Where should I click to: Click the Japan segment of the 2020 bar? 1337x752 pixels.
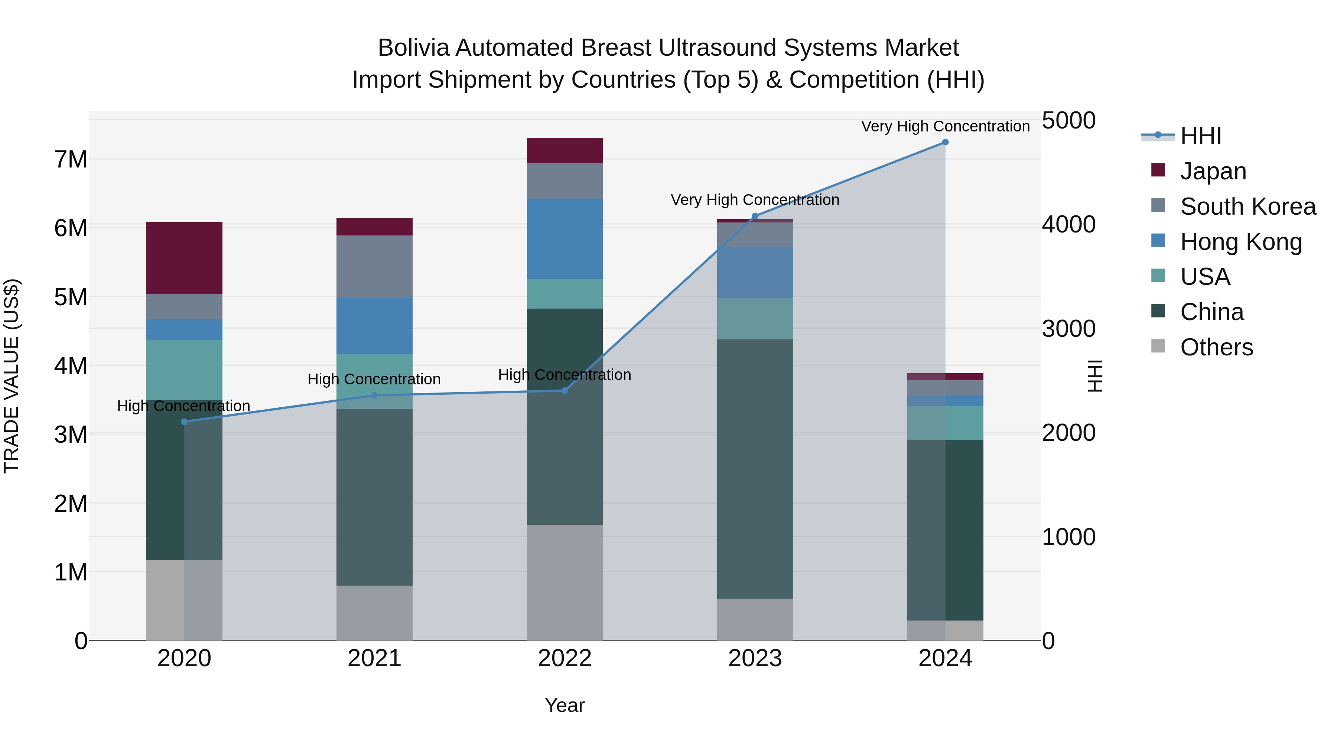click(184, 258)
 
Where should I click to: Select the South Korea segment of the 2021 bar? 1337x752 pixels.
click(374, 266)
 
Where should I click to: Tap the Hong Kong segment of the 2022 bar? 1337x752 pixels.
click(565, 239)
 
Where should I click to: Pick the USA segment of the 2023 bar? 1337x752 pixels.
click(755, 319)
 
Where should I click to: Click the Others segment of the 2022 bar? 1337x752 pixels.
click(565, 582)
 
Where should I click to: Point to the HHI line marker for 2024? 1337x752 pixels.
click(945, 142)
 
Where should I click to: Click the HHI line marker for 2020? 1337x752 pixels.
click(184, 421)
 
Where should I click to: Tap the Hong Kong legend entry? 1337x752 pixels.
click(1240, 242)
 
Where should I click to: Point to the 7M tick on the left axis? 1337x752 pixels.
click(71, 159)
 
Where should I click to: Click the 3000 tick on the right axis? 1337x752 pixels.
click(1068, 329)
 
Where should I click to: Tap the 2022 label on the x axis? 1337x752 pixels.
click(565, 658)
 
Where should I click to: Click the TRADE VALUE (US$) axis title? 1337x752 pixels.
click(12, 376)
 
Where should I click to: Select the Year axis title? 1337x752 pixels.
click(565, 705)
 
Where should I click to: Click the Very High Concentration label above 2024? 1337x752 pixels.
click(945, 126)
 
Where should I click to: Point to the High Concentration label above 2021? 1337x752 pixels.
click(374, 380)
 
